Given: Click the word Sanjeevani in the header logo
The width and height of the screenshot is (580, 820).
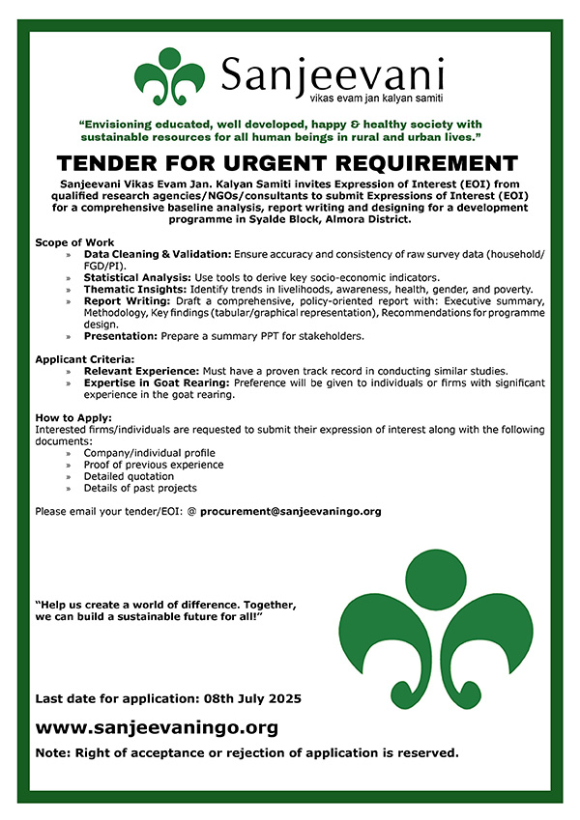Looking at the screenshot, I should (x=333, y=73).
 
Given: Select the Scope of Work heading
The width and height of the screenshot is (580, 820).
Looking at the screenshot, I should (x=74, y=241).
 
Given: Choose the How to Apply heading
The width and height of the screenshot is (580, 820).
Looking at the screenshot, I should (x=67, y=417).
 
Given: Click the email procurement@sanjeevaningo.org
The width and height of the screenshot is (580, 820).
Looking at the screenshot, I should (x=290, y=511).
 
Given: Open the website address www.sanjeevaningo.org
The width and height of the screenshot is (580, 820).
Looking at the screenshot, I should (x=157, y=727).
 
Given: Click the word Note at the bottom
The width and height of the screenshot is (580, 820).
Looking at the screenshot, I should (x=53, y=752).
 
